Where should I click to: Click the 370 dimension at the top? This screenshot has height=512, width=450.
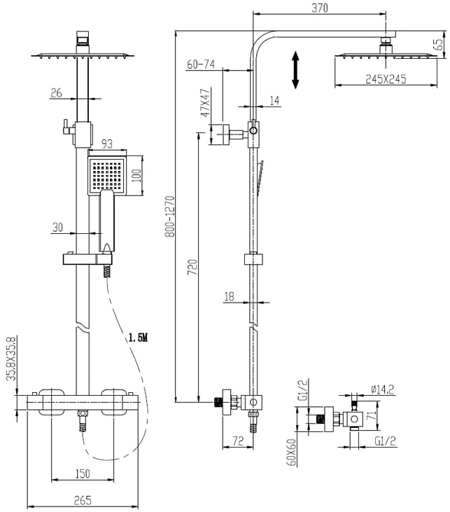(x=319, y=8)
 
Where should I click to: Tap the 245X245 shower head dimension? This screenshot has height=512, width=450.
(x=386, y=79)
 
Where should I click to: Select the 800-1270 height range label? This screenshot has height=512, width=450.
(x=170, y=216)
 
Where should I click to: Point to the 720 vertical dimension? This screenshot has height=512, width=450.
(x=192, y=267)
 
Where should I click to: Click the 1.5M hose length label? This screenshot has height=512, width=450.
(x=138, y=338)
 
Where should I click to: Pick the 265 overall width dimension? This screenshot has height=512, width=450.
(x=83, y=500)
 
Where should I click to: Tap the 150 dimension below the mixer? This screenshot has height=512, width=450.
(x=83, y=473)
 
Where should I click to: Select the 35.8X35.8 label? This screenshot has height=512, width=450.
(x=11, y=359)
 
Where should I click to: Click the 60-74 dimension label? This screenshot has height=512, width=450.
(x=201, y=64)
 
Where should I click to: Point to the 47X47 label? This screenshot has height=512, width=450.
(x=205, y=102)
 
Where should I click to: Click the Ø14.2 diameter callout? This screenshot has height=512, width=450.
(x=382, y=389)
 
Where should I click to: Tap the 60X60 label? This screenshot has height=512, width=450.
(x=291, y=452)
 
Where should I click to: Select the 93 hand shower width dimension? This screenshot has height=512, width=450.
(x=107, y=144)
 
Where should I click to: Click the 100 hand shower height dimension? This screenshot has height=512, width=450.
(x=136, y=176)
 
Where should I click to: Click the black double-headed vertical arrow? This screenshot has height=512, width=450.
(x=295, y=70)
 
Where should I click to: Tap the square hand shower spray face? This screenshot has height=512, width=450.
(x=106, y=176)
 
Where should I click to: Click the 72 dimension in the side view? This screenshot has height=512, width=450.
(x=238, y=441)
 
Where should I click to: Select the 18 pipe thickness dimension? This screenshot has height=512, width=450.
(x=230, y=296)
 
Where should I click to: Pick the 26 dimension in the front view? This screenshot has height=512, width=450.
(x=56, y=93)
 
